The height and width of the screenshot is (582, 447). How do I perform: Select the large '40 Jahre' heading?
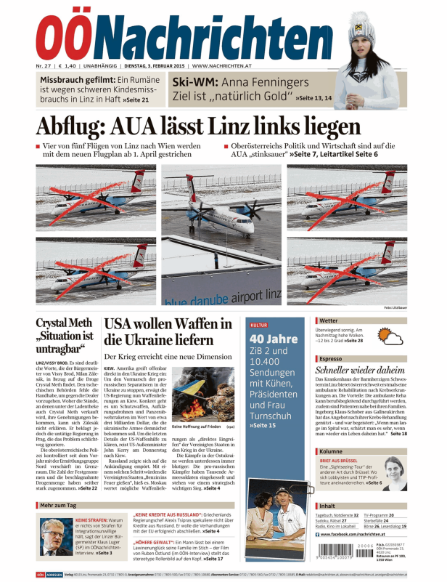[x=273, y=339]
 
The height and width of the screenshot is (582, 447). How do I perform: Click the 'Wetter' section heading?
[x=329, y=320]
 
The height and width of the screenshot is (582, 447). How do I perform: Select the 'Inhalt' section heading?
[x=327, y=506]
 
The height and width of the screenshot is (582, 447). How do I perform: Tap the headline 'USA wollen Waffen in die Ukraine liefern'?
[x=168, y=331]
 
